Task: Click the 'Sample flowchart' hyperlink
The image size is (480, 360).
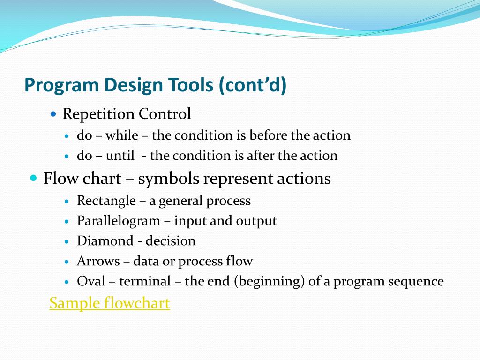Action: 110,303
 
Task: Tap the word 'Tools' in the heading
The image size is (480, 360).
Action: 191,86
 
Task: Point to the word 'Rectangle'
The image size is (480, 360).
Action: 106,201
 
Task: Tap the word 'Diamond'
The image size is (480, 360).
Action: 105,241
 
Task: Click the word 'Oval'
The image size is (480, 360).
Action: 91,281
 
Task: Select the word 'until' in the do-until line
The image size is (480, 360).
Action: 120,156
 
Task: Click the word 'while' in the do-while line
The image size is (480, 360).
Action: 121,136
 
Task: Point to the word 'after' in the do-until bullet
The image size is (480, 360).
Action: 262,156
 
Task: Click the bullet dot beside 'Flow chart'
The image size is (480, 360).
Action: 33,179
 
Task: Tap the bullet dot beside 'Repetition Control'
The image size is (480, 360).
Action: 53,114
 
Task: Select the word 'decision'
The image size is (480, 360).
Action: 170,241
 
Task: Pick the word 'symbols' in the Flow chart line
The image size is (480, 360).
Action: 166,179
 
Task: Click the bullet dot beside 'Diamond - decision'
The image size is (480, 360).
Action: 67,241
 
